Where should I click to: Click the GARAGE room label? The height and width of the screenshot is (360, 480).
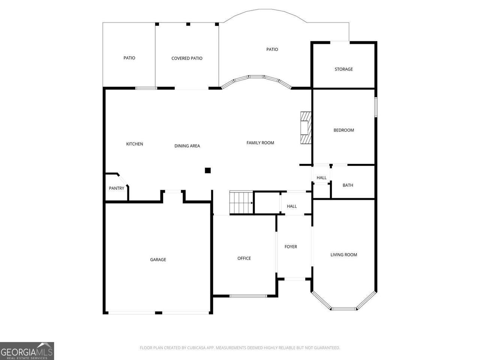[158, 259]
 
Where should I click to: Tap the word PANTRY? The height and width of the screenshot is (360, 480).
[117, 188]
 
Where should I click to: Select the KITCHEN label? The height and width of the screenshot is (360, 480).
[135, 144]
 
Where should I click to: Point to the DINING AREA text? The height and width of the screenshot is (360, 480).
[187, 146]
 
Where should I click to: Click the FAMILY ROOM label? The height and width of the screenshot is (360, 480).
[260, 143]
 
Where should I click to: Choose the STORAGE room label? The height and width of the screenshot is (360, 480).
[343, 69]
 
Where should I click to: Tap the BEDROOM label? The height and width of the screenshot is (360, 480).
[343, 130]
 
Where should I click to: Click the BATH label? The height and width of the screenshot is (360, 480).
[348, 185]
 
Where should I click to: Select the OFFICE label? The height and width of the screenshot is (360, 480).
[244, 258]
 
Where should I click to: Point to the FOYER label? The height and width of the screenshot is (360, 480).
[291, 246]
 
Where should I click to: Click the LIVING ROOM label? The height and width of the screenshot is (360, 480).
[343, 255]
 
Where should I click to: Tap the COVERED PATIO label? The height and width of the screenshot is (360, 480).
[187, 58]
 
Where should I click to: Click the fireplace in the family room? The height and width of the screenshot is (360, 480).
[306, 127]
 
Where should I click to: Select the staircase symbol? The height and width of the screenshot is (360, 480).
[241, 202]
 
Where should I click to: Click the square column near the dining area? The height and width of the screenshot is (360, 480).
[208, 170]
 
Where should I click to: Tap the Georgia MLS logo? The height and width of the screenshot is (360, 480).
[27, 351]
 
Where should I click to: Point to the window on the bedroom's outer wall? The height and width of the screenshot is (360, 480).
[376, 107]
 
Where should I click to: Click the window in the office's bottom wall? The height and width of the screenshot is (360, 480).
[248, 296]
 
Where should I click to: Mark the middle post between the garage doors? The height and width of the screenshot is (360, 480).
[159, 313]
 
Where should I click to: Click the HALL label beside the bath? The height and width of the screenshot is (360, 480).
[321, 178]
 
